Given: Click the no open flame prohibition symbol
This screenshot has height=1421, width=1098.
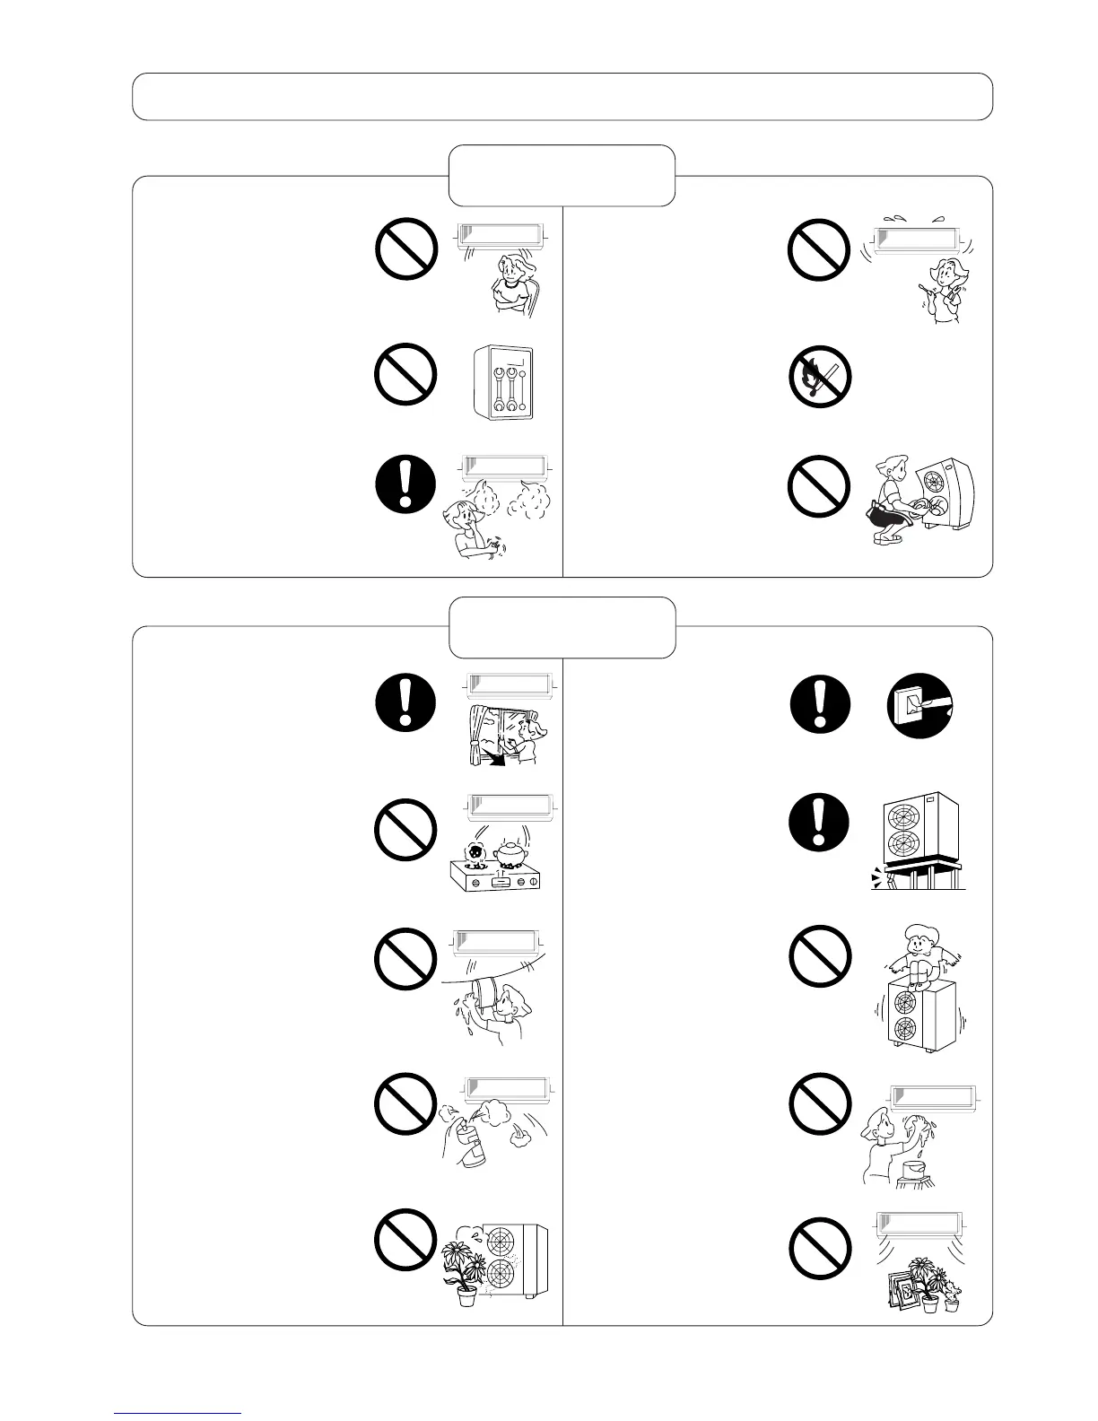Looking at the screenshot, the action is point(819,376).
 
